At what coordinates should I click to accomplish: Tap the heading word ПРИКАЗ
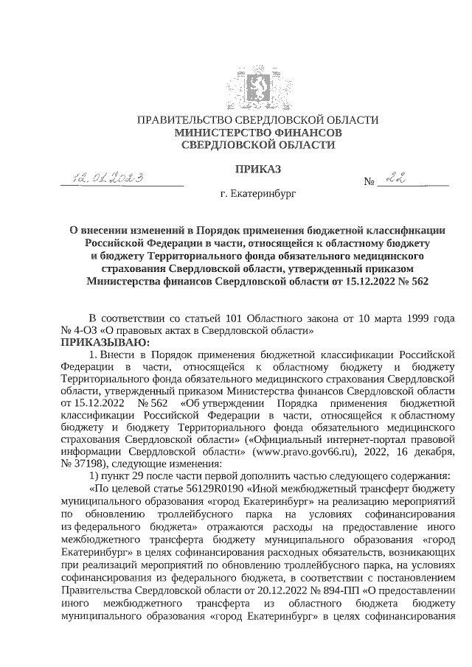(258, 170)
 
